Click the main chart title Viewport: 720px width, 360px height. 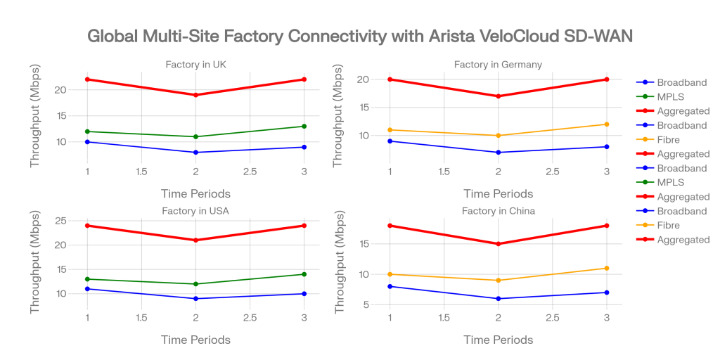pos(360,37)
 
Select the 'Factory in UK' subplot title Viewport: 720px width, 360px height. pos(195,65)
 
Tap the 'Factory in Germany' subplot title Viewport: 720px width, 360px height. pos(498,65)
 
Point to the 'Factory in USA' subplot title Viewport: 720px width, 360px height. pos(195,211)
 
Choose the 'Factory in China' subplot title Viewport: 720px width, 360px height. pos(498,211)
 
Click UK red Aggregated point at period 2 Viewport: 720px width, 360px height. pos(195,95)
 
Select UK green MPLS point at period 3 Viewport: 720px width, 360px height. pos(304,127)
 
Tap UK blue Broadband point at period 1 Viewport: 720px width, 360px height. pos(87,142)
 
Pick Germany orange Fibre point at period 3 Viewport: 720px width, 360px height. pos(606,124)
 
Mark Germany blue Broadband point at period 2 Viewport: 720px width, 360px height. pos(498,153)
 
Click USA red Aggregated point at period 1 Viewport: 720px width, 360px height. pos(87,226)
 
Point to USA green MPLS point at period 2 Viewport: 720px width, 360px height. pos(195,284)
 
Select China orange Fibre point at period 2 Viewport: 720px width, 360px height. pos(498,281)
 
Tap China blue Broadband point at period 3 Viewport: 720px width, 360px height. pos(606,292)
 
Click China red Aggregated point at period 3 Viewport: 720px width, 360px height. pos(606,226)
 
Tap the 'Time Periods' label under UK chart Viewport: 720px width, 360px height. pos(195,193)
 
